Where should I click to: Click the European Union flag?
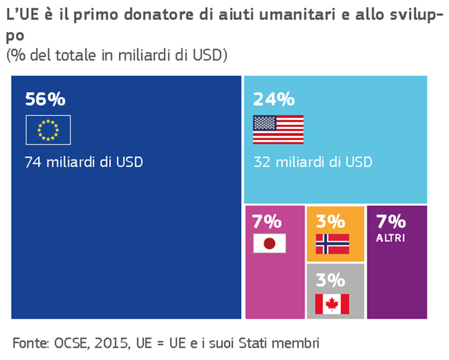[x=48, y=130]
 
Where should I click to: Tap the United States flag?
[x=278, y=130]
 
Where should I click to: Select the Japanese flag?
[x=269, y=244]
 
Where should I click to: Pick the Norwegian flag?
[x=332, y=244]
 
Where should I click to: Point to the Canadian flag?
[x=332, y=303]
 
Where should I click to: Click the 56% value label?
[x=45, y=99]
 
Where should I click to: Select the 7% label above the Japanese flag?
[x=267, y=222]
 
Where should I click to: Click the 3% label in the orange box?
[x=330, y=222]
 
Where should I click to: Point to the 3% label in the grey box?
[x=330, y=280]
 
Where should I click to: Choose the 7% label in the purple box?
[x=390, y=222]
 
